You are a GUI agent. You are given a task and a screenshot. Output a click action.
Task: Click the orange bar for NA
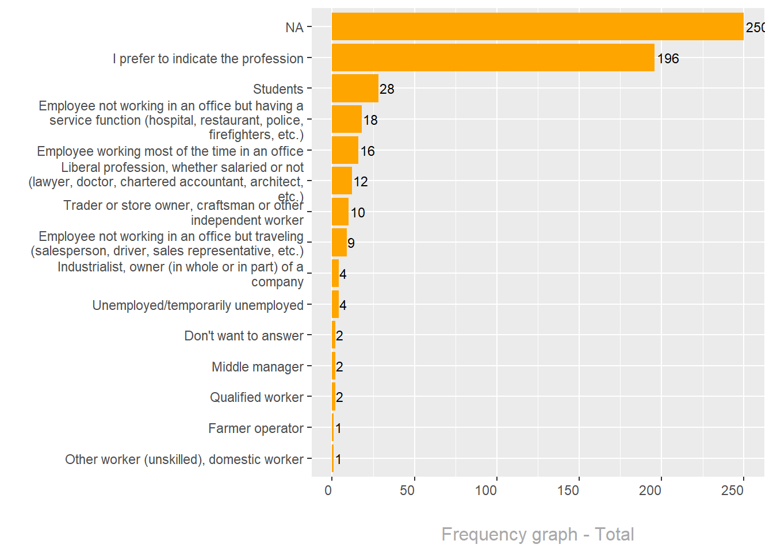(x=537, y=27)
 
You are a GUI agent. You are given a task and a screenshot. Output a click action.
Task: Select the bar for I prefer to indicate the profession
(x=493, y=58)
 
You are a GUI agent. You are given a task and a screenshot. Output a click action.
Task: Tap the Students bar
(x=355, y=89)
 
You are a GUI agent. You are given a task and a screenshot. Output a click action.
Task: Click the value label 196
(x=668, y=59)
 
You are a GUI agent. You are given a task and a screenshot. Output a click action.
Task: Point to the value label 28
(x=387, y=89)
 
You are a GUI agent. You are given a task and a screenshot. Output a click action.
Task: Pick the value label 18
(x=370, y=120)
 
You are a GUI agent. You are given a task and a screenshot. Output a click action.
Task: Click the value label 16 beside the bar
(x=368, y=151)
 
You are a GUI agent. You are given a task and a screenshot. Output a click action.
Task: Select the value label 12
(x=361, y=182)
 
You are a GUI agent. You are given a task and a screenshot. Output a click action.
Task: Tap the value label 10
(x=358, y=213)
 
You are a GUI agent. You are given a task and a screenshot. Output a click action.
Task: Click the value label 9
(x=351, y=244)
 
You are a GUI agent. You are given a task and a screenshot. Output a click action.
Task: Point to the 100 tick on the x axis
(x=486, y=490)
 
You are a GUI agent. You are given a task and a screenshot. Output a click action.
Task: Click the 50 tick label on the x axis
(x=407, y=490)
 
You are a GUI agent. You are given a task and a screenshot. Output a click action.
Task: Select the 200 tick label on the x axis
(x=650, y=490)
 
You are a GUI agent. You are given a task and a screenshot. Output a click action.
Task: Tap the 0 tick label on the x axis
(x=328, y=490)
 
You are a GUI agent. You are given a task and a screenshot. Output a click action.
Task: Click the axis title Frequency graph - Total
(x=537, y=534)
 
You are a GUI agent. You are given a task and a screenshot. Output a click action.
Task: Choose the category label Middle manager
(x=257, y=367)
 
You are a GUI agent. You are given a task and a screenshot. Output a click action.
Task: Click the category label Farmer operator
(x=255, y=428)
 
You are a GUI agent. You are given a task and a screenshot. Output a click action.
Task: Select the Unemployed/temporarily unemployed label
(x=198, y=305)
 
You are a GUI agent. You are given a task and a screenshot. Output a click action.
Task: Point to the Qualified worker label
(x=257, y=397)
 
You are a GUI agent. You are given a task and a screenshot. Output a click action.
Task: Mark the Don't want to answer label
(x=244, y=336)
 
